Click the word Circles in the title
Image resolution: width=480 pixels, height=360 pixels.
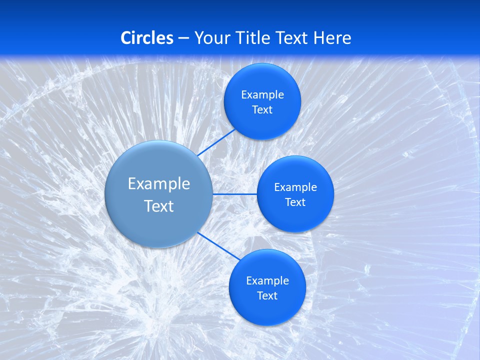(x=146, y=38)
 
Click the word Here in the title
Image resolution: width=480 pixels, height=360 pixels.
(x=332, y=38)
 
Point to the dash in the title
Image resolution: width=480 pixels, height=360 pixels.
(x=183, y=38)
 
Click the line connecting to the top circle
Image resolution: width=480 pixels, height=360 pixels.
(x=217, y=142)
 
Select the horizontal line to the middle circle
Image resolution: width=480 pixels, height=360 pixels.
(x=234, y=194)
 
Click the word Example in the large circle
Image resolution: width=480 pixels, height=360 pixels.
(x=159, y=184)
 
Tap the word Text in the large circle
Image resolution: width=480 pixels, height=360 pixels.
(x=159, y=206)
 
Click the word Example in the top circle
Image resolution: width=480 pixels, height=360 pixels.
(x=262, y=95)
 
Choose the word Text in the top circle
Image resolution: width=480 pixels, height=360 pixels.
(x=262, y=110)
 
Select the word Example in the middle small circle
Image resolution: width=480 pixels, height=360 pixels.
(x=295, y=187)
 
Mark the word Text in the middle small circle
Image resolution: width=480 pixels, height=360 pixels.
(x=295, y=202)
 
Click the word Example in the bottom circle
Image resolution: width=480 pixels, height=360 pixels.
(x=267, y=281)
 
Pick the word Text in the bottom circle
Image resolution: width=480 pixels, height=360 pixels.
(x=267, y=296)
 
